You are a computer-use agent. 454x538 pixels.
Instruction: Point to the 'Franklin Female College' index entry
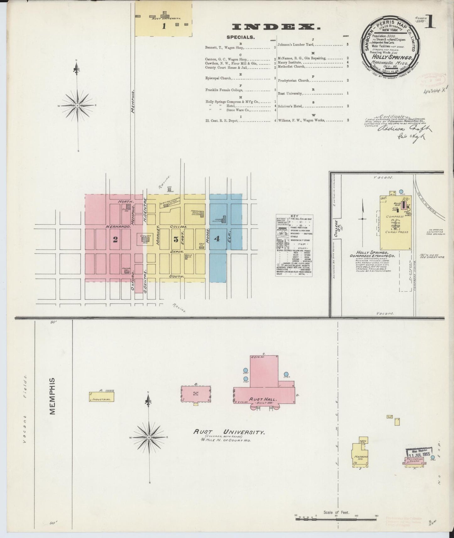point(224,90)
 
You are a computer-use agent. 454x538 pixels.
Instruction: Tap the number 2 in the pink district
point(115,239)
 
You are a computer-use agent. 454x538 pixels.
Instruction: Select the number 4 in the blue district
point(217,239)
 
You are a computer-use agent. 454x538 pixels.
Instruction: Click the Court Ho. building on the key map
point(145,239)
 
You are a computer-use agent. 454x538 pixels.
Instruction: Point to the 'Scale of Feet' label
point(336,513)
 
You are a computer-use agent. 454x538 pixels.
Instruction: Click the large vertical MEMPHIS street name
point(52,396)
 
